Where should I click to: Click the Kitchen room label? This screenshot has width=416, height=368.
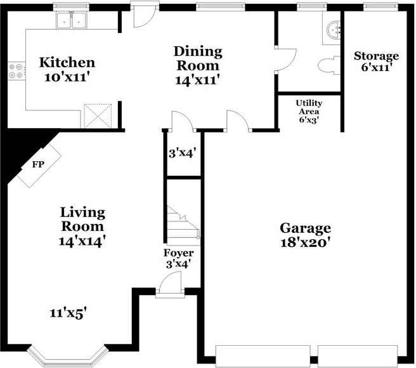tap(67, 63)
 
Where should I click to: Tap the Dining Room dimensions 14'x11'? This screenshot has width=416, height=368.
tap(198, 80)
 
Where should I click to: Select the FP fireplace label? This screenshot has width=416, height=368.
tap(38, 164)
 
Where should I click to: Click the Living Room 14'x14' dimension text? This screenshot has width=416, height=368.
tap(82, 240)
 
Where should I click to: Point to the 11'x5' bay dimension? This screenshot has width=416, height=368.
tap(68, 312)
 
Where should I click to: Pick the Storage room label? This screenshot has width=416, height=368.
tap(376, 56)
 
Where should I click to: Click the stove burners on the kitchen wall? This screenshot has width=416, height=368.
tap(15, 70)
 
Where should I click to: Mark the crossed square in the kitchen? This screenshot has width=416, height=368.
tap(98, 115)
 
